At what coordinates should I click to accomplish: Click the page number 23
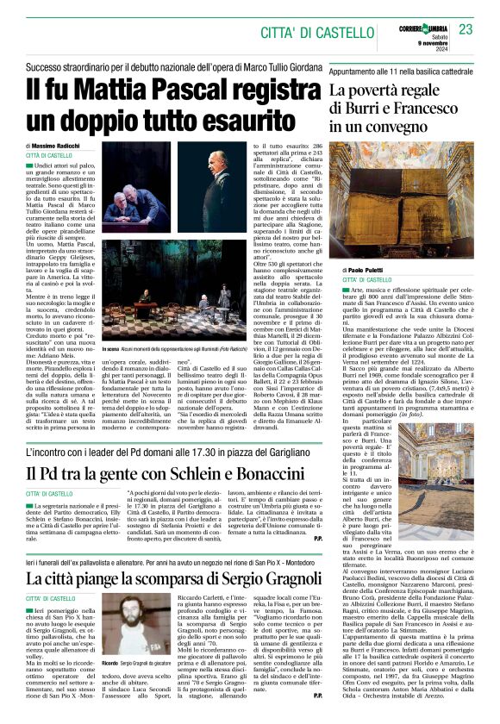point(466,29)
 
